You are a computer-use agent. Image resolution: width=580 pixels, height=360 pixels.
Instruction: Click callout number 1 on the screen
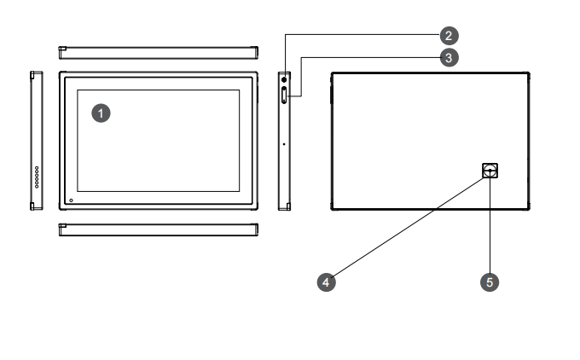pyautogui.click(x=101, y=112)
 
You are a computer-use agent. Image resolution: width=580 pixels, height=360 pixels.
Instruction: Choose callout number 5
pyautogui.click(x=490, y=280)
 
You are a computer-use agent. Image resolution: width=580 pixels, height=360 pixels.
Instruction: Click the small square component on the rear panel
pyautogui.click(x=490, y=171)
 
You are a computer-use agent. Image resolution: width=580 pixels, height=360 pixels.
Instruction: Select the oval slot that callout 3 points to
pyautogui.click(x=284, y=96)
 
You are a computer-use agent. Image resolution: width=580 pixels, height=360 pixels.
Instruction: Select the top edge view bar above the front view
pyautogui.click(x=158, y=51)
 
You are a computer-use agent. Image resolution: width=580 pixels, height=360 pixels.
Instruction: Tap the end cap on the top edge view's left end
pyautogui.click(x=62, y=51)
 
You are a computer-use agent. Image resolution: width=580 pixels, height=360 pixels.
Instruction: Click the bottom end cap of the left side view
pyautogui.click(x=35, y=206)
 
